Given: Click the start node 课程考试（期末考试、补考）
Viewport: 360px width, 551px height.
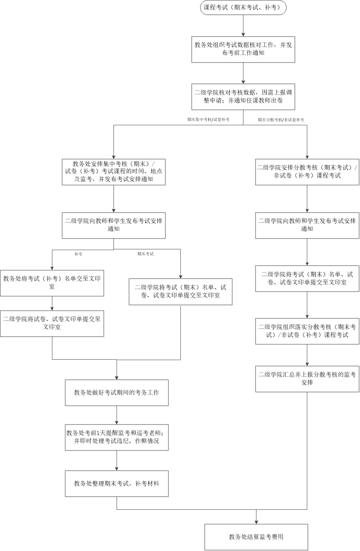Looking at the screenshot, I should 243,8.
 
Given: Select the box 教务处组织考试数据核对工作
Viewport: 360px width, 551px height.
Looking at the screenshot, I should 243,49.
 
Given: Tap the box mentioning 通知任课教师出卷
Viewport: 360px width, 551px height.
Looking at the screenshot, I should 243,97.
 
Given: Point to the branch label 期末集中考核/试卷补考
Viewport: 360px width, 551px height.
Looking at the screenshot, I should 208,120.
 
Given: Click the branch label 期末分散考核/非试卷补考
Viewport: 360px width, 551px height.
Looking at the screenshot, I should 281,120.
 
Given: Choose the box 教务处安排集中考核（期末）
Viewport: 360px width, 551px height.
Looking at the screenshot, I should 114,172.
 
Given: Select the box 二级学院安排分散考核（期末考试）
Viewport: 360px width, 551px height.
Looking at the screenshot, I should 307,172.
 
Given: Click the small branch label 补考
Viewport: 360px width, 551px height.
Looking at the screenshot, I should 78,254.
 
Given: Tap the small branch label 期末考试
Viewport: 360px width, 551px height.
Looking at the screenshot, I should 146,254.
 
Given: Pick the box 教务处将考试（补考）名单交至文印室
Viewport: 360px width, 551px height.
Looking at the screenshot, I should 52,283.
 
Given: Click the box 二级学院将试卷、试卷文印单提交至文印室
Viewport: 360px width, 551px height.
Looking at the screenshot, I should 52,323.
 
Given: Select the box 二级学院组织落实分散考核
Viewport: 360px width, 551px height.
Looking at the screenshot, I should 307,331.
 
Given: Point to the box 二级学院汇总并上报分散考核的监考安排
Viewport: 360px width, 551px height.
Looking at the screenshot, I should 307,379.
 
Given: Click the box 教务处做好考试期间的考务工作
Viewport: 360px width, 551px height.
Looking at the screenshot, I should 117,393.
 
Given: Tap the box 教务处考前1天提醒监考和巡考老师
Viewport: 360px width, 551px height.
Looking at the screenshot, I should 117,437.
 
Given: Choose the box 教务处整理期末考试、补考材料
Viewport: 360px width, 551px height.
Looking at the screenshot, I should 117,483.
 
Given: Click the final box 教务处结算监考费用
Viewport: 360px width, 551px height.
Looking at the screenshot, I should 256,537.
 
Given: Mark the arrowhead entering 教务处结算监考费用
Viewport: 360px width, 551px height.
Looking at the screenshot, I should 256,522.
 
